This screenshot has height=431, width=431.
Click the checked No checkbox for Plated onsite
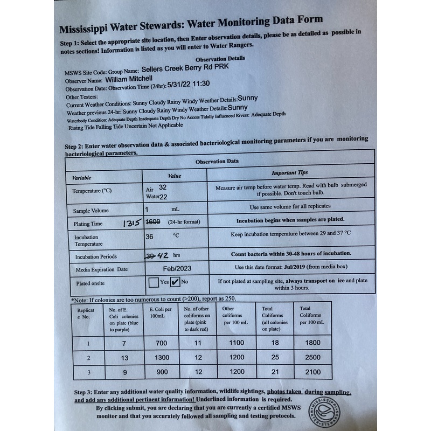pos(175,281)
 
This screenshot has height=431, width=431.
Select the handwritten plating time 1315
pos(132,223)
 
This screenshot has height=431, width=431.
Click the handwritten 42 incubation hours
pos(164,256)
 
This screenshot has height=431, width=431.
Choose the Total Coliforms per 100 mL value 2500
pos(309,357)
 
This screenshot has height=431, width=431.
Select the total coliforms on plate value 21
pos(273,372)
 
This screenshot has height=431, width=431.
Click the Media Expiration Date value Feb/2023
pos(176,268)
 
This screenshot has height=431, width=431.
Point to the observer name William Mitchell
pos(136,78)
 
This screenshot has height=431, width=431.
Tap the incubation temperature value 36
pos(150,236)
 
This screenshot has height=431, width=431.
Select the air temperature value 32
pos(163,186)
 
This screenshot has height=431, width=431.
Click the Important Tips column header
pos(290,173)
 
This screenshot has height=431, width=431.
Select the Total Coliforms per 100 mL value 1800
pos(309,343)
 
